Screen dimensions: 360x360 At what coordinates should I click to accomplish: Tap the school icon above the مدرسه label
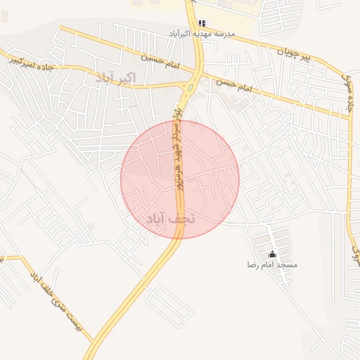point(202,23)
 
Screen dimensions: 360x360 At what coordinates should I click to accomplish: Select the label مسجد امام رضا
point(272,265)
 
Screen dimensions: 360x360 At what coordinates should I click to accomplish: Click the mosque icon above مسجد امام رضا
point(273,254)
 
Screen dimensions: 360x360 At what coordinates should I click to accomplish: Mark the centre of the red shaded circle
point(180,179)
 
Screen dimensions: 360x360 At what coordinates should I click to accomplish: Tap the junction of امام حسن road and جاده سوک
point(349,115)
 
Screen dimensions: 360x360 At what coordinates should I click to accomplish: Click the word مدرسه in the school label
point(221,33)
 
